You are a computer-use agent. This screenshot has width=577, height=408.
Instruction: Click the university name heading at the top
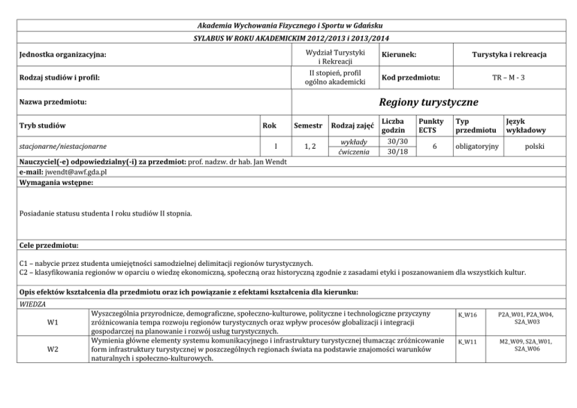point(288,23)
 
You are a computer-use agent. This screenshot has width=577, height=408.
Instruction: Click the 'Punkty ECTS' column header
point(430,125)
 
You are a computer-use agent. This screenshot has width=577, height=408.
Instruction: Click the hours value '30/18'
point(396,153)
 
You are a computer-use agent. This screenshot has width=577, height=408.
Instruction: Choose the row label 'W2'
point(50,349)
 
